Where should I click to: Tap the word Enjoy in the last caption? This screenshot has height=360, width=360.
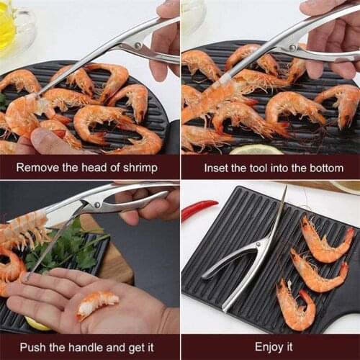[269, 347]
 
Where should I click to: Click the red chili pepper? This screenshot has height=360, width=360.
[199, 210]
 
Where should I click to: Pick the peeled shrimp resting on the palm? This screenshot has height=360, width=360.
[96, 303]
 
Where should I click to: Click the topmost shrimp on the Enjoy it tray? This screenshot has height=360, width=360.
[325, 241]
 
